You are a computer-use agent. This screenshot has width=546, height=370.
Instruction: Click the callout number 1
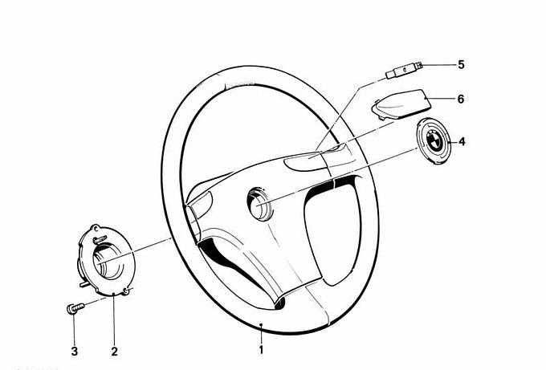pos(261,349)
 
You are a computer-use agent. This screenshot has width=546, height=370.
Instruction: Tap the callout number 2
pos(115,352)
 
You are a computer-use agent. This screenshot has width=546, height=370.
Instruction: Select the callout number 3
pos(74,352)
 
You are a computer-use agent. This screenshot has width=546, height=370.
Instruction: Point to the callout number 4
pos(462,142)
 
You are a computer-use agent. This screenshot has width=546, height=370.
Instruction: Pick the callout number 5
pos(461,65)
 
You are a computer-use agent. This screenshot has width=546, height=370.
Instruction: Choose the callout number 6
pos(461,100)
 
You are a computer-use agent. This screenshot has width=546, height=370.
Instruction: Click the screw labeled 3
pos(75,308)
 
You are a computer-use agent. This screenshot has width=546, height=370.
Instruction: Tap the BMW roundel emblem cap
pos(434,140)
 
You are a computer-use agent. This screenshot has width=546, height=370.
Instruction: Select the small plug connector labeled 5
pos(404,71)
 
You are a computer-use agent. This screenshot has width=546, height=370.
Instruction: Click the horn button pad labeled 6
pos(401,104)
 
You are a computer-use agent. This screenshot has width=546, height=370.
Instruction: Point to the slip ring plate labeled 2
pos(104,260)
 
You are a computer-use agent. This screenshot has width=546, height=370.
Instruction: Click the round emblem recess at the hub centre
pos(259,204)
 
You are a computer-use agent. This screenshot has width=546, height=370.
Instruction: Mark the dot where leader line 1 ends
pos(261,325)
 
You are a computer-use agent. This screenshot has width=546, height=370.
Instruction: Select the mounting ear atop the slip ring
pos(95,228)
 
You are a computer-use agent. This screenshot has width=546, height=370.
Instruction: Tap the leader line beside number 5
pos(438,65)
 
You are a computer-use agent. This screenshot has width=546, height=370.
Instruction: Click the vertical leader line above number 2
pos(114,319)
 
